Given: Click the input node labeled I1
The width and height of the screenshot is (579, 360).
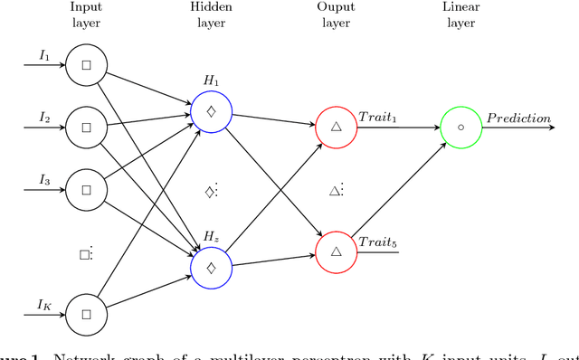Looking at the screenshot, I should tap(87, 65).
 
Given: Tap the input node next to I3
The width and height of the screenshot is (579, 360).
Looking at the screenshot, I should tap(87, 190).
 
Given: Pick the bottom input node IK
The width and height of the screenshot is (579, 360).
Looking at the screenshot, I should tap(87, 315).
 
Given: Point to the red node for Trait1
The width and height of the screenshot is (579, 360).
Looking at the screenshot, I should tap(337, 128).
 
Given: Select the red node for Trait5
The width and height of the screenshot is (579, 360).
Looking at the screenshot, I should tap(337, 251).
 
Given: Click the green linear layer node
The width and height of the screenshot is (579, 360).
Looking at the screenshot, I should tap(461, 128).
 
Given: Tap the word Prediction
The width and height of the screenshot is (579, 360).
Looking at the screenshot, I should tap(517, 118).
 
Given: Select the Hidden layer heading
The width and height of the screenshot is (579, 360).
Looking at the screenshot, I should tap(212, 16).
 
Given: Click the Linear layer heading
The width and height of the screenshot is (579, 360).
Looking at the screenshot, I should tap(461, 16).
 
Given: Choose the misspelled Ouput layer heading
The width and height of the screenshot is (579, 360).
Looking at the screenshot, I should tap(337, 16).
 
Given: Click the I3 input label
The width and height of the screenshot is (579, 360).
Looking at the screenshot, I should tap(44, 181).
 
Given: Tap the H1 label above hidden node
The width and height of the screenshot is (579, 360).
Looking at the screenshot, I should tap(212, 81).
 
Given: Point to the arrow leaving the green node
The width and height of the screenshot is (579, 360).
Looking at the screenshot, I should tap(520, 128).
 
